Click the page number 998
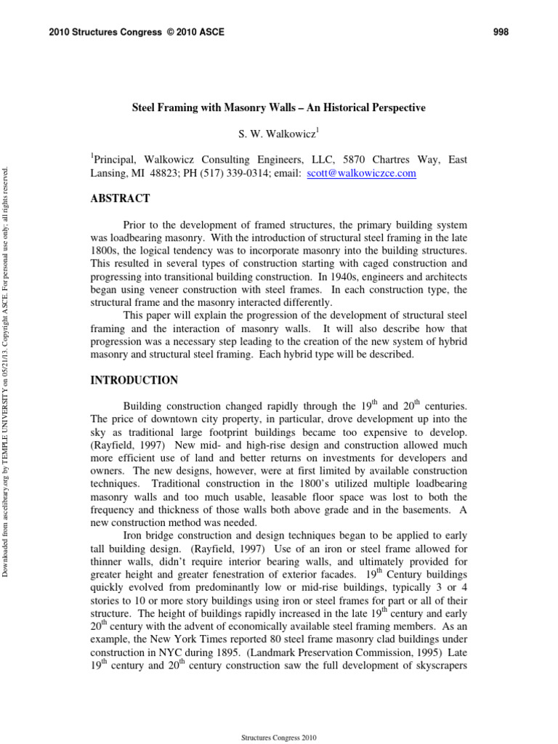501,32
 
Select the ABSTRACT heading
120,198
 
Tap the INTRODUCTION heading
134,380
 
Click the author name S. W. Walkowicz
277,134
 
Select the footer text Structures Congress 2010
279,737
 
